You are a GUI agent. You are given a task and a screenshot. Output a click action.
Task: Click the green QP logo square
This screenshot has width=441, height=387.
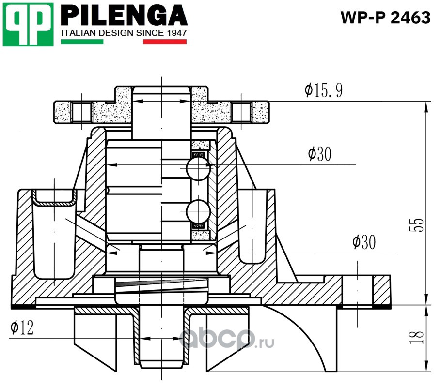28,25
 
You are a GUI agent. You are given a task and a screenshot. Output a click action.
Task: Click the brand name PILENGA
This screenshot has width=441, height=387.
124,16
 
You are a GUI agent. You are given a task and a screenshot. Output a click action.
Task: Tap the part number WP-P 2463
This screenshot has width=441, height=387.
386,17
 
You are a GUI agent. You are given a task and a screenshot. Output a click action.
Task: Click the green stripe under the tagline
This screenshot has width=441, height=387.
82,42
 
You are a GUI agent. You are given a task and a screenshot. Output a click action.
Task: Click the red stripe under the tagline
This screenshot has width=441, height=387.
165,42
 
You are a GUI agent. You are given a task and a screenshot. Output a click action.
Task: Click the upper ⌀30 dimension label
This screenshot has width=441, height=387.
319,154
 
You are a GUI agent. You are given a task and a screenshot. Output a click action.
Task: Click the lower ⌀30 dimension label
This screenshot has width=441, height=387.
364,242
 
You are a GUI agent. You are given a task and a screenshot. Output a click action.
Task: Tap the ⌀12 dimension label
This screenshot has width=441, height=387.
22,327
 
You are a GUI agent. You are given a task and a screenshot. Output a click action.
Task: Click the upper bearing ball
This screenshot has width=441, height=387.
198,168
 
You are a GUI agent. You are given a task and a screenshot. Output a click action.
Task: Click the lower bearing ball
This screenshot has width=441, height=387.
198,211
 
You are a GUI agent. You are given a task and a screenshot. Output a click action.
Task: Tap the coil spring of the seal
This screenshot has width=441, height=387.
162,286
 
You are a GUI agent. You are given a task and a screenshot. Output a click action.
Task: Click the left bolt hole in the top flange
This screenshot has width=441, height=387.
81,112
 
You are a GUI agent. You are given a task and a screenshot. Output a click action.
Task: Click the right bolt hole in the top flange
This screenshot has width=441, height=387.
241,112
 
